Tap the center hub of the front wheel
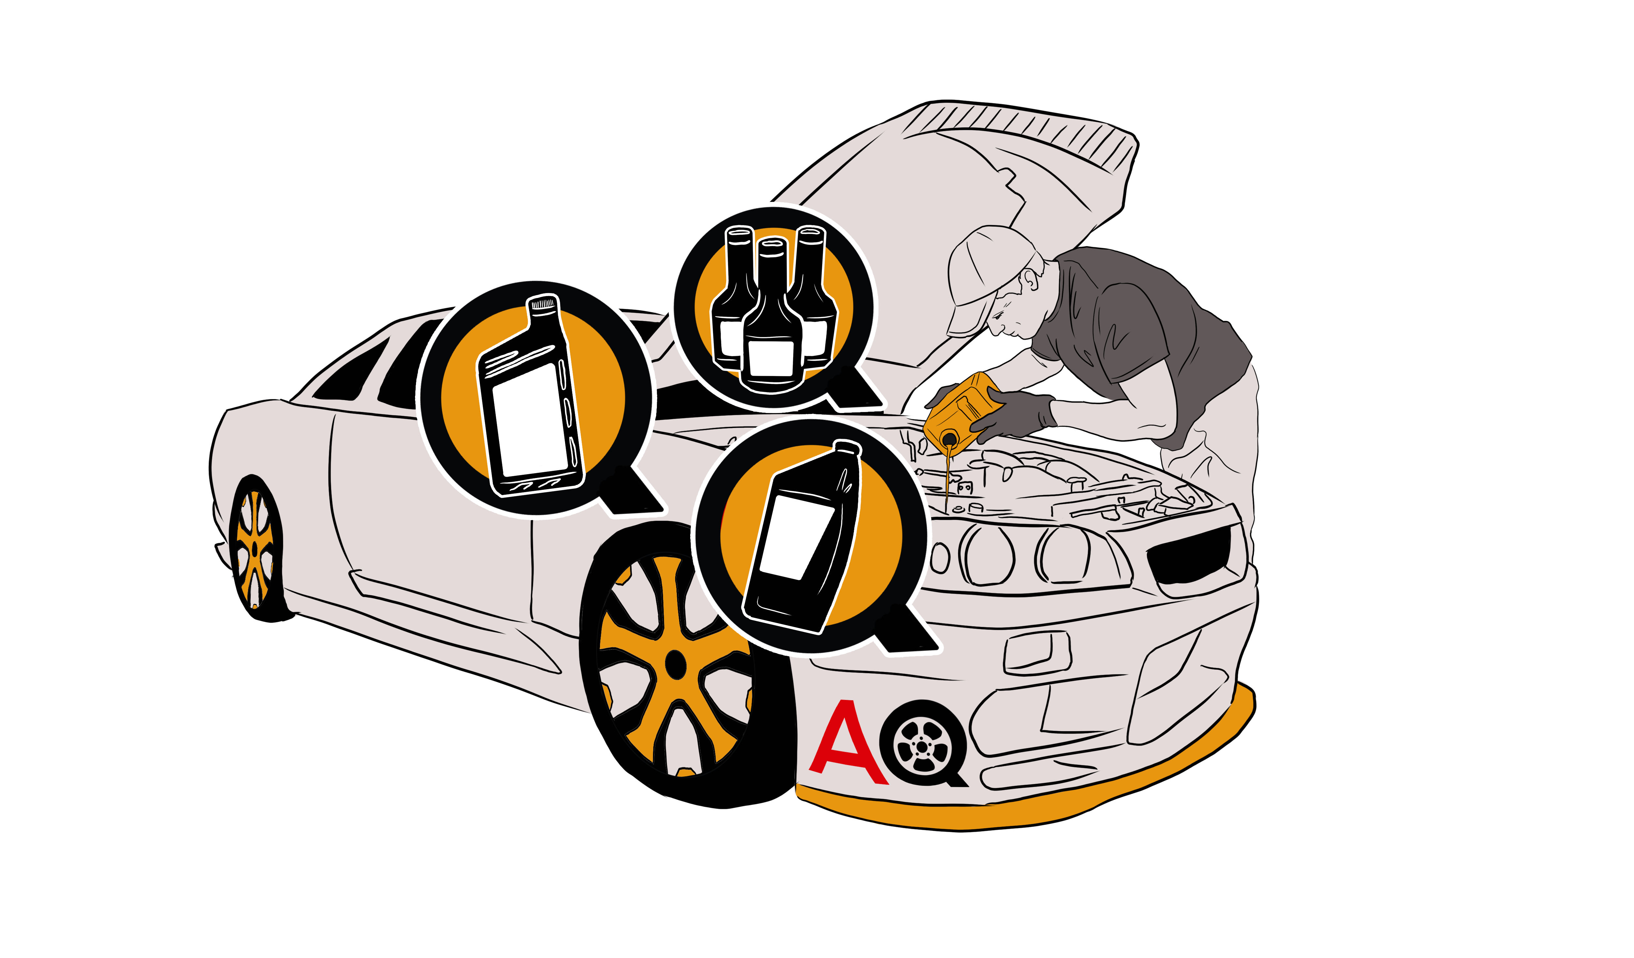click(675, 664)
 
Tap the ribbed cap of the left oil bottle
click(543, 303)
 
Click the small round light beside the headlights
click(940, 557)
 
